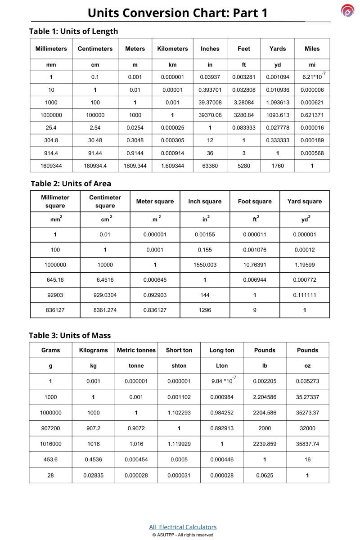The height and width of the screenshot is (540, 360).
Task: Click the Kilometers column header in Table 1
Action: [x=172, y=49]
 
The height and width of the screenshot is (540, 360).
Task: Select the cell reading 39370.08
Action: [x=210, y=115]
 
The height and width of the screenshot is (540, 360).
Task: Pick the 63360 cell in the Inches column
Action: [x=210, y=166]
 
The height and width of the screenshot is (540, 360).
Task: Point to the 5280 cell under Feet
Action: [x=243, y=166]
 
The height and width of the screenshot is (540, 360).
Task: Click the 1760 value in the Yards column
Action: [x=278, y=166]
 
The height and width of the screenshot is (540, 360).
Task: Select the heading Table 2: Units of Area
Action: [x=71, y=184]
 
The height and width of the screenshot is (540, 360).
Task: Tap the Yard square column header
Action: [x=305, y=201]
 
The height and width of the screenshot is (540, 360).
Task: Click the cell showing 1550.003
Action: [x=205, y=265]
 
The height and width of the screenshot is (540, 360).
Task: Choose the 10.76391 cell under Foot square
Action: [x=255, y=265]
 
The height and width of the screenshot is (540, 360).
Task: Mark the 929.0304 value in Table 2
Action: [x=105, y=295]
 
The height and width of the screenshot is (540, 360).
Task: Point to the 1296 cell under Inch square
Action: [x=205, y=310]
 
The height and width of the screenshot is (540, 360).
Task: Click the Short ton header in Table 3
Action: [x=179, y=350]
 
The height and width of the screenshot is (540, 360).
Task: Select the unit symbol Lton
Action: [x=222, y=366]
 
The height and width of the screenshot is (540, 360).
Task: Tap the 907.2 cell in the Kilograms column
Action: [x=93, y=428]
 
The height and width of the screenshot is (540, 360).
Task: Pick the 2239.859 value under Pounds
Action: [x=265, y=444]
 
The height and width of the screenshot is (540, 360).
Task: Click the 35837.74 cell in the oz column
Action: [x=307, y=444]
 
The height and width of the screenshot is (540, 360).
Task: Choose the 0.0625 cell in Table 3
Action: [x=265, y=475]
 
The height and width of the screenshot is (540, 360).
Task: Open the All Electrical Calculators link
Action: [x=183, y=527]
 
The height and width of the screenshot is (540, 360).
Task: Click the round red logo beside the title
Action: [x=347, y=10]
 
